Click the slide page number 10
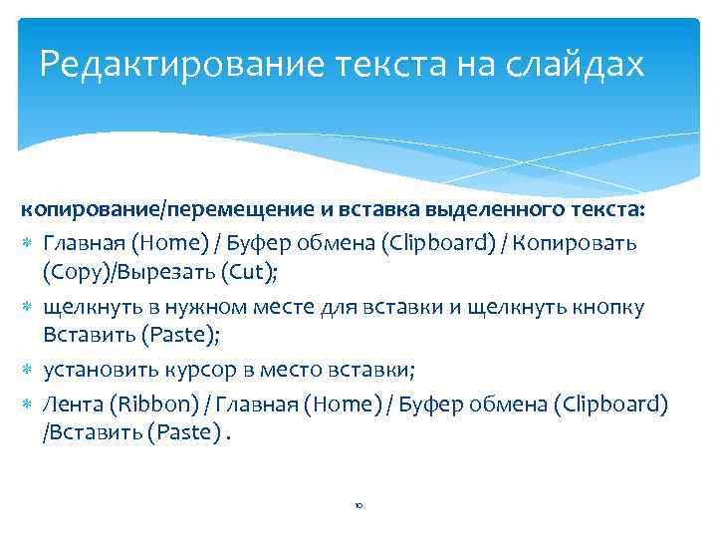[x=358, y=506]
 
